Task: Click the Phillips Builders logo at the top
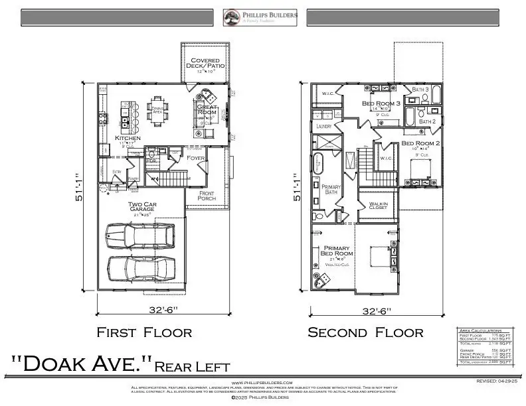click(260, 17)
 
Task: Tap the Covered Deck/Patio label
click(206, 64)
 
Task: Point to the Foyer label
click(196, 158)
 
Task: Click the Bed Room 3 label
click(381, 103)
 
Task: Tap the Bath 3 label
click(420, 89)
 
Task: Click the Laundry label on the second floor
click(324, 125)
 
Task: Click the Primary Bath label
click(331, 190)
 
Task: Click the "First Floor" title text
click(144, 332)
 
